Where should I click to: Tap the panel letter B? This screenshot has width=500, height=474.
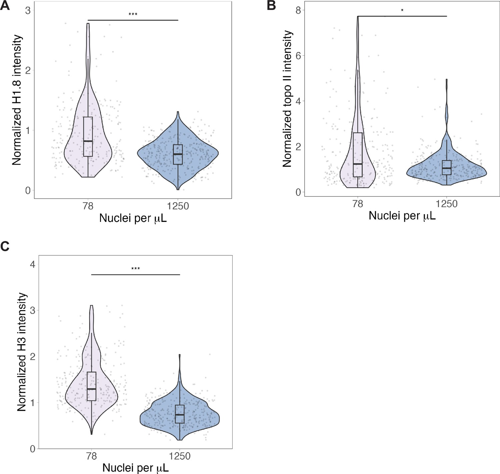[271, 6]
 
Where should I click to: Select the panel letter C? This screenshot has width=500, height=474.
[5, 247]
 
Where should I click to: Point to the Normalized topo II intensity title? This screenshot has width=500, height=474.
[287, 99]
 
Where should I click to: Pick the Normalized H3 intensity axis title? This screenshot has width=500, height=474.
[21, 352]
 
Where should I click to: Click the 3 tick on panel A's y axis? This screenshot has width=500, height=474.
[28, 10]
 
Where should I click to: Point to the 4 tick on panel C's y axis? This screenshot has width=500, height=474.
[33, 264]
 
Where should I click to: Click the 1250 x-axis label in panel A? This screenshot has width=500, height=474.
[178, 206]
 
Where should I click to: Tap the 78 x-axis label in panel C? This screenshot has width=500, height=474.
[91, 456]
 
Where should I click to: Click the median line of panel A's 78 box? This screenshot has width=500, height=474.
[88, 141]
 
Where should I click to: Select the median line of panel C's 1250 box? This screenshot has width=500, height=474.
[180, 415]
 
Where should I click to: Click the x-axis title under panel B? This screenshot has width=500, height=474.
[402, 216]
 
